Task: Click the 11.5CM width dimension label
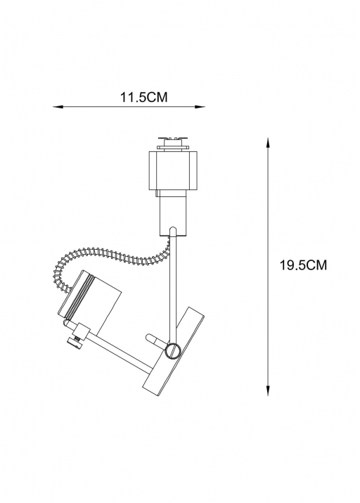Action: [x=143, y=97]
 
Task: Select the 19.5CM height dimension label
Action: [x=303, y=266]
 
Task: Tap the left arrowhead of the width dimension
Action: [x=57, y=107]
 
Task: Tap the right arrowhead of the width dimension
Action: [x=201, y=107]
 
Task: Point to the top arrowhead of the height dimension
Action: [x=268, y=143]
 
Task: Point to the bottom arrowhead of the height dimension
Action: [x=268, y=390]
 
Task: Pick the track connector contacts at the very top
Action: [x=172, y=144]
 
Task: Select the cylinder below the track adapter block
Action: [x=173, y=212]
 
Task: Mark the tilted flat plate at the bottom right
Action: [x=174, y=350]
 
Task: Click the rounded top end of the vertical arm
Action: [x=172, y=229]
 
